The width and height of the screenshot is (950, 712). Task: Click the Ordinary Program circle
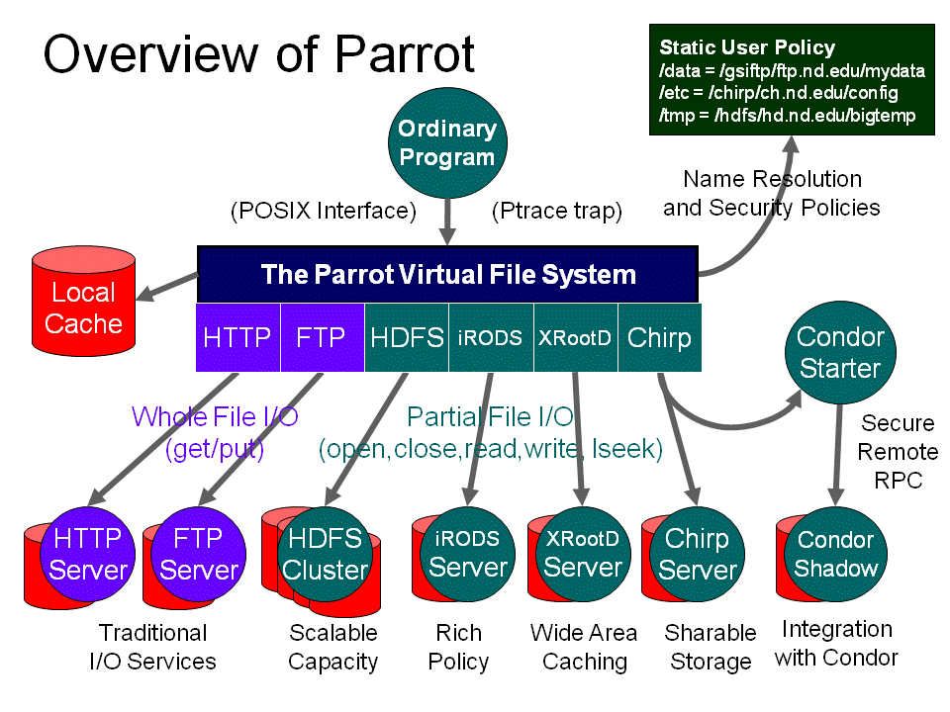pos(447,142)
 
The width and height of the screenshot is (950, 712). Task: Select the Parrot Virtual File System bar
pos(448,274)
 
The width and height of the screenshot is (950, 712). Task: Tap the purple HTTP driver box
pos(237,337)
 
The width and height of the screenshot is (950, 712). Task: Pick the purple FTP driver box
pos(322,337)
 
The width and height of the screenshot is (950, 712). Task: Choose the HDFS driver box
pos(407,337)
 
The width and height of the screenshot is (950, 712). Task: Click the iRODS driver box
pos(491,337)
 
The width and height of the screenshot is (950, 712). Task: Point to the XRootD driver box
pos(575,337)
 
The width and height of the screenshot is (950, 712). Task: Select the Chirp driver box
pos(659,337)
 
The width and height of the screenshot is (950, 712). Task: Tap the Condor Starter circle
pos(840,352)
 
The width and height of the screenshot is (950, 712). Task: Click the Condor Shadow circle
pos(836,554)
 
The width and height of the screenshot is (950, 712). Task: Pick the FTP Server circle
pos(199,554)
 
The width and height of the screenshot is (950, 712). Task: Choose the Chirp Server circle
pos(697,554)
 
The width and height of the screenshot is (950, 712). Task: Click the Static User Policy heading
pos(747,47)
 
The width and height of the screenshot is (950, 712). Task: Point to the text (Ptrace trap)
pos(557,211)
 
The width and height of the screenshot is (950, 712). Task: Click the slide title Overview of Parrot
pos(258,54)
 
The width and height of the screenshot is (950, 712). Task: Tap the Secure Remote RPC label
pos(898,452)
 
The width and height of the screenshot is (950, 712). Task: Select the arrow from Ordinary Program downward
pos(447,220)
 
